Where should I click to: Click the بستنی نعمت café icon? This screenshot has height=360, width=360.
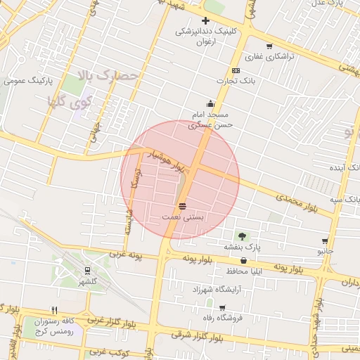(x=183, y=206)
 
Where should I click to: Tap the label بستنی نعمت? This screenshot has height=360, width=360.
(x=183, y=218)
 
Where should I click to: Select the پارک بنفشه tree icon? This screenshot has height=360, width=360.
(x=242, y=236)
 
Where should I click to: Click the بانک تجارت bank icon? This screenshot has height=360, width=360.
(x=236, y=70)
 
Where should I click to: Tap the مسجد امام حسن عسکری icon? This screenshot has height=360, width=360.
(x=210, y=104)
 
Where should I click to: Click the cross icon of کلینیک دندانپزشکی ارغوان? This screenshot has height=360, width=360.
(x=205, y=21)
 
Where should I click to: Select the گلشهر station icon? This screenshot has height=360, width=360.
(x=87, y=270)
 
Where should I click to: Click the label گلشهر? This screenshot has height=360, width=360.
(x=88, y=282)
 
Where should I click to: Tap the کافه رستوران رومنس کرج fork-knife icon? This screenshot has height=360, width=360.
(x=54, y=310)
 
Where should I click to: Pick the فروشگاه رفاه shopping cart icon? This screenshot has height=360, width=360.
(x=222, y=307)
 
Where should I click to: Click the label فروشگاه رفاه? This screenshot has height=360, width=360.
(x=221, y=318)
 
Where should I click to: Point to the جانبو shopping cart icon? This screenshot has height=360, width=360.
(x=324, y=240)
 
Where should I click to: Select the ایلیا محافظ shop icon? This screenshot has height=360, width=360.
(x=244, y=261)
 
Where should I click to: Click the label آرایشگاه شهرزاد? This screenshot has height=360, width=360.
(x=212, y=290)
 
